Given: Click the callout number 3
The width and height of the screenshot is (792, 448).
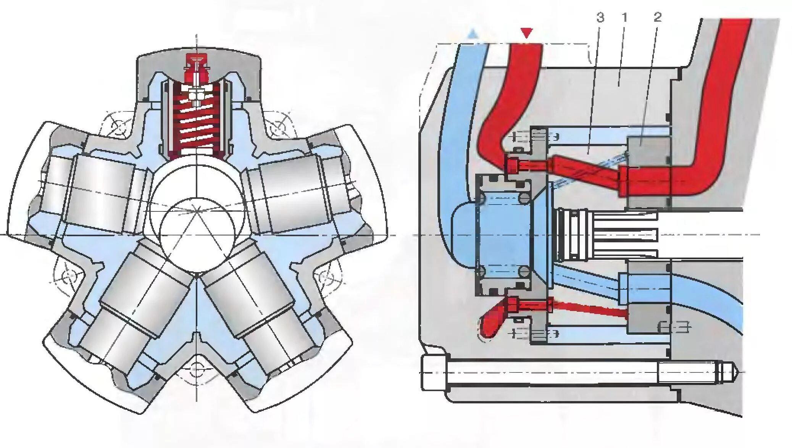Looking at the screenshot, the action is coord(600,17).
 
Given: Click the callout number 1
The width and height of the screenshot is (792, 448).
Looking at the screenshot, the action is coord(624,17).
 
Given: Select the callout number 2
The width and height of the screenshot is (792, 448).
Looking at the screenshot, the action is coord(657,17).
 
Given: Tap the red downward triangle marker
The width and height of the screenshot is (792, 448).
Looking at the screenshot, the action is coord(527,33).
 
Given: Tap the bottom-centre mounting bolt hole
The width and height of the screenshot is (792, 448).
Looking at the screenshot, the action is coord(196,369).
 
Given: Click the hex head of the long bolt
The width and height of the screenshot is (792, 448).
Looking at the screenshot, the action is coord(434,372).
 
